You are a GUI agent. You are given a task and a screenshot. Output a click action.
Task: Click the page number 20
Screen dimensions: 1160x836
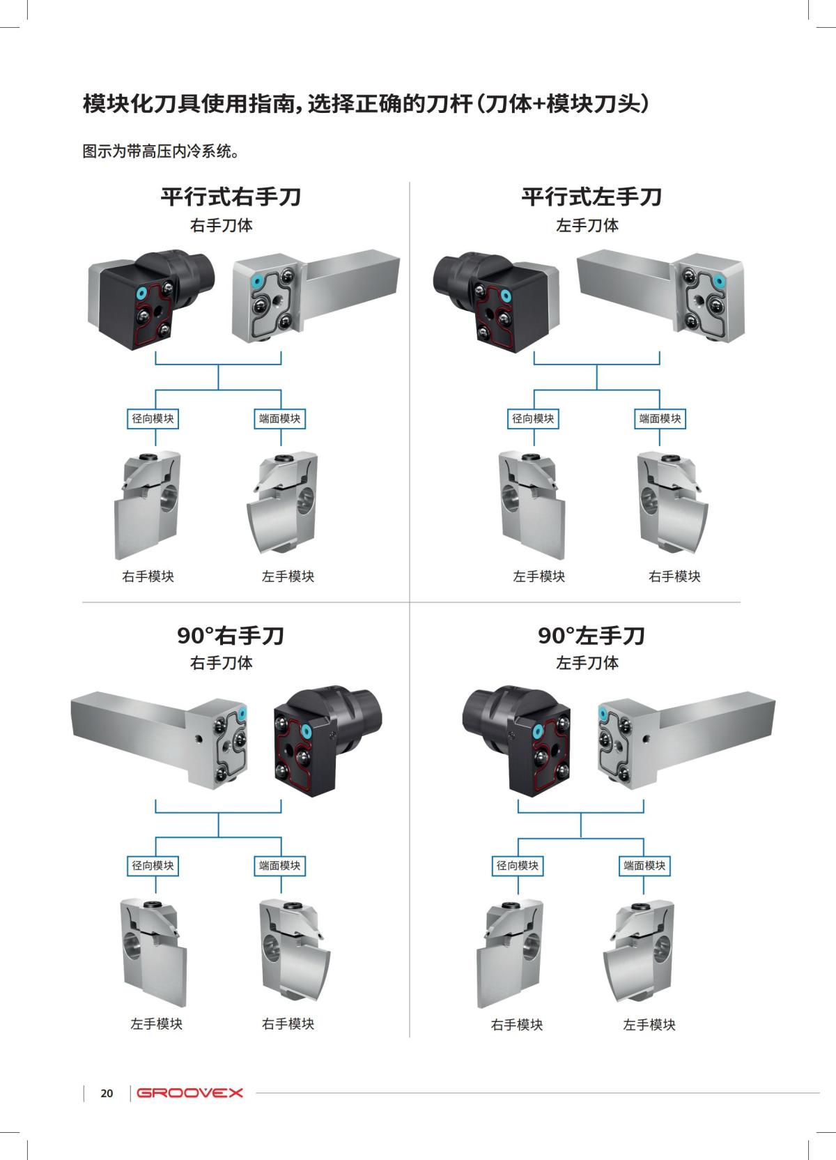tap(107, 1093)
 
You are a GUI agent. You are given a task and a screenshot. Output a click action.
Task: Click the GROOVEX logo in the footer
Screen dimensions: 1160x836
tap(189, 1092)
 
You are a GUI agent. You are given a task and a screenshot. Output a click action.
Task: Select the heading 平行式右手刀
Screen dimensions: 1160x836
tap(231, 197)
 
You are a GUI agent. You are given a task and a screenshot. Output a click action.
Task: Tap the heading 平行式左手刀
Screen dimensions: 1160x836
tap(591, 197)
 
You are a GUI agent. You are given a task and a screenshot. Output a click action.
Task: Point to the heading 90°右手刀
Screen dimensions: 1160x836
tap(231, 635)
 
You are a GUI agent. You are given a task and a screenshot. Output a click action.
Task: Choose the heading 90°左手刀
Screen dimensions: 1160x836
tap(591, 635)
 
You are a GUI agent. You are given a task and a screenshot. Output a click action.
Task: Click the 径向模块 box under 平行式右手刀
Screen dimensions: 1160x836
tap(153, 418)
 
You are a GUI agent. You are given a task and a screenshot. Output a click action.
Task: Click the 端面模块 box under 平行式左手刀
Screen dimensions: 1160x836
tap(660, 418)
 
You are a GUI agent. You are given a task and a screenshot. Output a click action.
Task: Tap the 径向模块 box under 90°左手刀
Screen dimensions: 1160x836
tap(518, 865)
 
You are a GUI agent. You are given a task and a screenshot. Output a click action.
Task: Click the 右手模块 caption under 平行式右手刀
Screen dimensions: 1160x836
tap(148, 577)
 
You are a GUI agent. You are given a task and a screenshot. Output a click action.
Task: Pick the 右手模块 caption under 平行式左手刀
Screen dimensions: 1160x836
tap(674, 577)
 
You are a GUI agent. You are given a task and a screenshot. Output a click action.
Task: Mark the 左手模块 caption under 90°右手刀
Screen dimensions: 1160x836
tap(157, 1023)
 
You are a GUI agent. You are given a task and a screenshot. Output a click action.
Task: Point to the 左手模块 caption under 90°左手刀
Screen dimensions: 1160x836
tap(649, 1025)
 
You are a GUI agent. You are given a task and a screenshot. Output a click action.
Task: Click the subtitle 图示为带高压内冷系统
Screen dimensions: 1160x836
tap(161, 151)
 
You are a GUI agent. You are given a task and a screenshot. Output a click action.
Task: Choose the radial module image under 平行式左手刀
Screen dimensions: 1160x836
tap(531, 503)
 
